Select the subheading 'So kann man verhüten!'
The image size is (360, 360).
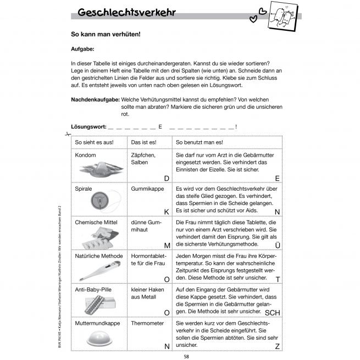tap(106, 34)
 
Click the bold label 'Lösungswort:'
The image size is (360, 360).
tap(89, 127)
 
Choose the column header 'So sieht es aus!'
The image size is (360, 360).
tap(94, 143)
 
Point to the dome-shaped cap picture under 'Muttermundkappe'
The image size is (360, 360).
tap(98, 340)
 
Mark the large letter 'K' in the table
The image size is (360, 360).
tap(167, 211)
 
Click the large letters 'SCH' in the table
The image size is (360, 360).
tap(273, 313)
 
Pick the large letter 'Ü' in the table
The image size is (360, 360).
tap(278, 245)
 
